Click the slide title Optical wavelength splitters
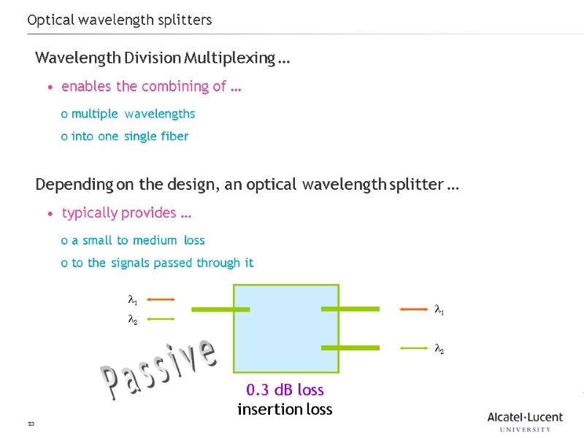[120, 20]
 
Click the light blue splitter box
[285, 328]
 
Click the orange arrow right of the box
[414, 310]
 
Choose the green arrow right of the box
[414, 348]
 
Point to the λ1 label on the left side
[133, 300]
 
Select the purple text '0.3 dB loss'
[285, 390]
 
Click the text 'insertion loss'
[285, 410]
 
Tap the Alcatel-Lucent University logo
[525, 422]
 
